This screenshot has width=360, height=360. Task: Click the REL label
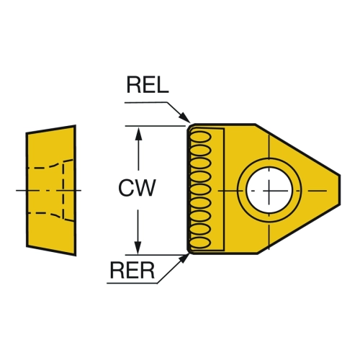pyautogui.click(x=148, y=85)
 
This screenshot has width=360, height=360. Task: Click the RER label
pyautogui.click(x=132, y=270)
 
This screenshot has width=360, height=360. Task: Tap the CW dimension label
pyautogui.click(x=137, y=188)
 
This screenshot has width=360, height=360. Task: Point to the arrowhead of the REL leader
pyautogui.click(x=186, y=118)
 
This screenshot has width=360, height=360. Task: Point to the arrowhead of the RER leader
pyautogui.click(x=184, y=258)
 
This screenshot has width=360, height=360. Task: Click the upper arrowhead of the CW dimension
pyautogui.click(x=138, y=134)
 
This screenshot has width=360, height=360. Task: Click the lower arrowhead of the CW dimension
pyautogui.click(x=138, y=247)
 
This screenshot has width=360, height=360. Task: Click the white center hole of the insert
pyautogui.click(x=269, y=190)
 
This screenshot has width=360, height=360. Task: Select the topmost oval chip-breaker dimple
pyautogui.click(x=201, y=137)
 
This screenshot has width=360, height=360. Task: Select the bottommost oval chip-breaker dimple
pyautogui.click(x=200, y=243)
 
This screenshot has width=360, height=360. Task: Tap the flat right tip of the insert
pyautogui.click(x=340, y=190)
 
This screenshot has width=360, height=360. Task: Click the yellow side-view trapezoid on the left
pyautogui.click(x=51, y=190)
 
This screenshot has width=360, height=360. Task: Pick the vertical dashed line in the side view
pyautogui.click(x=63, y=191)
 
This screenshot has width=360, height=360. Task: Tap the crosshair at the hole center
pyautogui.click(x=269, y=191)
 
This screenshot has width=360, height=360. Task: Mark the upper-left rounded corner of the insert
pyautogui.click(x=190, y=127)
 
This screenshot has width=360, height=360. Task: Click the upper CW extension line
pyautogui.click(x=155, y=126)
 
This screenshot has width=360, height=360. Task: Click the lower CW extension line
pyautogui.click(x=155, y=255)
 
